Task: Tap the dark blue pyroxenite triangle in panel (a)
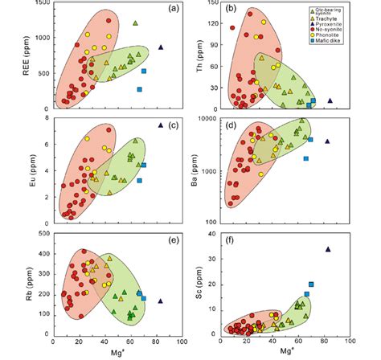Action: click(x=161, y=47)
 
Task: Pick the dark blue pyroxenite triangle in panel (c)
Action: click(x=161, y=125)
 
